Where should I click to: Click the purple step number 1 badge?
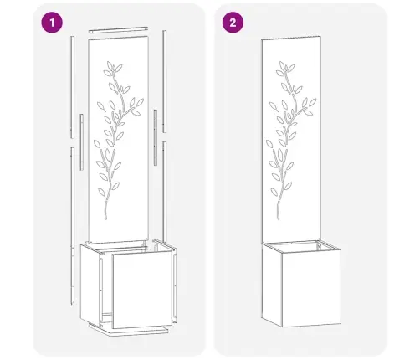coord(52,23)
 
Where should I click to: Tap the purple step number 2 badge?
coord(233,23)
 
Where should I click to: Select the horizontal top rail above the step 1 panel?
coord(118,30)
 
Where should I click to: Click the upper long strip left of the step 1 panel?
coord(73,87)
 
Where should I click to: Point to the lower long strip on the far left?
coord(73,226)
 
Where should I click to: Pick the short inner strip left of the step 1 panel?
coord(81,142)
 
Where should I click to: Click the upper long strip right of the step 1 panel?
coord(165,81)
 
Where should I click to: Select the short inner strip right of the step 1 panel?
coord(156,137)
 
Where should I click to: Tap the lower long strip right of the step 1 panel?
coord(165,193)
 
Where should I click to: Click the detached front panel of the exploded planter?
coord(142,290)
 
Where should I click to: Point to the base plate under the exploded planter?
coord(129,330)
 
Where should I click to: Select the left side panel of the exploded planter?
coord(90,285)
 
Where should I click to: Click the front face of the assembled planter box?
coord(311,289)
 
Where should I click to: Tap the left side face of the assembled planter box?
coord(272,285)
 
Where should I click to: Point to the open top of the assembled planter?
coord(301,246)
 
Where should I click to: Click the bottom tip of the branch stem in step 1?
coord(106,219)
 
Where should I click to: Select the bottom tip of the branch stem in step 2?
coord(279,219)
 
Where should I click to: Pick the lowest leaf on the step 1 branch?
coord(101,192)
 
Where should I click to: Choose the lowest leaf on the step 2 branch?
coord(274,192)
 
